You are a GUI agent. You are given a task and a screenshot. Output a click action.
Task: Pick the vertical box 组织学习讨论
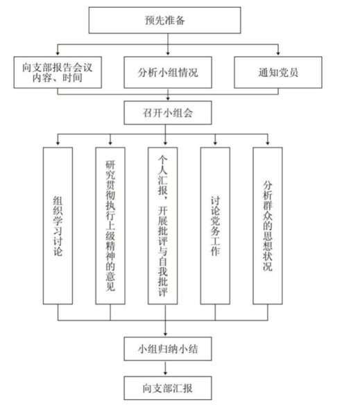58,225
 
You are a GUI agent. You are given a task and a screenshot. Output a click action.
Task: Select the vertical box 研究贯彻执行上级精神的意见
110,225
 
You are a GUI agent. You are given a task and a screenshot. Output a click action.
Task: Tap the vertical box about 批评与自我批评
163,225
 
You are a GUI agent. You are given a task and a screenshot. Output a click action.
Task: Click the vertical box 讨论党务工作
215,225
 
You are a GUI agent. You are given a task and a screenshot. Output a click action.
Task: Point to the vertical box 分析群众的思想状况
268,225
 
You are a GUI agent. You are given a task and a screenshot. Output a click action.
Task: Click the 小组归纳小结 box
166,347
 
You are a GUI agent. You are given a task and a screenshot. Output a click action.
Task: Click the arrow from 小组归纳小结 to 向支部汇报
166,367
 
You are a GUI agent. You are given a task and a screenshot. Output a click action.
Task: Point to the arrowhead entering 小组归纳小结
166,333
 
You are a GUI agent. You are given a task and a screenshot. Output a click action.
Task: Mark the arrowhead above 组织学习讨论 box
58,144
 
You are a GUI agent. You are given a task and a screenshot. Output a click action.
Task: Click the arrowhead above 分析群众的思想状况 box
268,144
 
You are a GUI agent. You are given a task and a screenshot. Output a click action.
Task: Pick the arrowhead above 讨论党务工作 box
215,144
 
